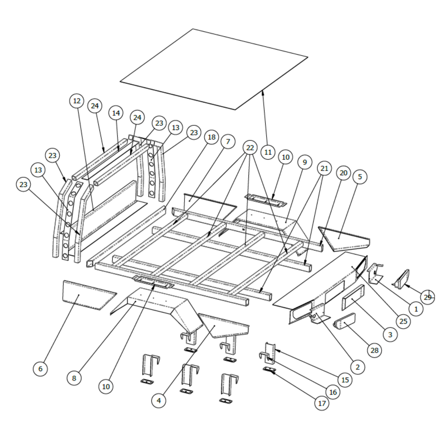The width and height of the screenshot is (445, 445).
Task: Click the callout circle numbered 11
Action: click(268, 152)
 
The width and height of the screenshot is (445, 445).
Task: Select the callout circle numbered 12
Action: click(77, 101)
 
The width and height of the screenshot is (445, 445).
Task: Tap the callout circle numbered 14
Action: click(116, 113)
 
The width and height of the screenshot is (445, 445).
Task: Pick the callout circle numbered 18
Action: click(212, 137)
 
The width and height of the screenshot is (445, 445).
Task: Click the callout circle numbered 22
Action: click(250, 148)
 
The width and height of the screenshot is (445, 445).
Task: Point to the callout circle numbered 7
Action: click(228, 141)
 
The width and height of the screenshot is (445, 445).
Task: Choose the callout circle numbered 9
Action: click(305, 162)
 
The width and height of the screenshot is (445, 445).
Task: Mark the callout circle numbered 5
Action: click(360, 177)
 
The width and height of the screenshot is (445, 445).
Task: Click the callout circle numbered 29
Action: click(427, 297)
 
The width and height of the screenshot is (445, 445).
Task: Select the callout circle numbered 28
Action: click(374, 350)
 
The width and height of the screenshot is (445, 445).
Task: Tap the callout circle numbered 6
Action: click(40, 369)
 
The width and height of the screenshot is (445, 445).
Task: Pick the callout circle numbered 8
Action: click(74, 378)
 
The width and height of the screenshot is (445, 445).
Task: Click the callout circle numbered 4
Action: click(159, 400)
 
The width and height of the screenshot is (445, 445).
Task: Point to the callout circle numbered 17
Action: click(322, 403)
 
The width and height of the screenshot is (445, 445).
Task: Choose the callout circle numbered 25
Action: click(403, 321)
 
